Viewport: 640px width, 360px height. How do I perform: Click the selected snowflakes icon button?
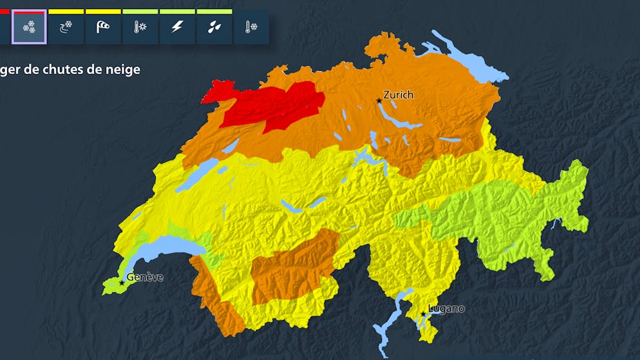29,28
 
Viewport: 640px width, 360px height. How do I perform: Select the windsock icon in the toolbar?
103,28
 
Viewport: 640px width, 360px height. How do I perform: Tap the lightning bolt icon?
177,28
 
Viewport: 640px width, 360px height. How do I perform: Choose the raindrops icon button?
214,28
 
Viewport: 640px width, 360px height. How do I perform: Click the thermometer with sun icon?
140,28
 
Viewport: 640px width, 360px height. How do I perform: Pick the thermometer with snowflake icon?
251,28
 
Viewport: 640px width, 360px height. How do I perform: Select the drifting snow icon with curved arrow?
66,28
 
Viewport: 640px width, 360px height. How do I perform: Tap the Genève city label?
145,278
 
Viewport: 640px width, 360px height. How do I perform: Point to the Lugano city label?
446,309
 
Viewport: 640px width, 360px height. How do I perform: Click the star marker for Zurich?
379,101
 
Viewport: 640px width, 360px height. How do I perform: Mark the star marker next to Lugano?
423,314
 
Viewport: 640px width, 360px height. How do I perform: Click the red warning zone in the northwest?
270,106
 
